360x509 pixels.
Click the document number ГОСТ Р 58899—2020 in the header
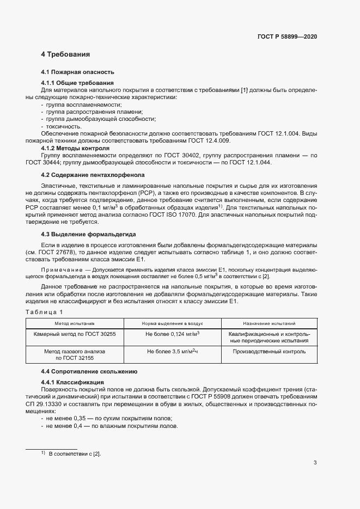(x=287, y=36)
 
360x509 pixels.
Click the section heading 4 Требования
(x=65, y=54)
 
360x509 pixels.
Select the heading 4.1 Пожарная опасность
(x=77, y=72)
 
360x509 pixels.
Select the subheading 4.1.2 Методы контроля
(x=75, y=148)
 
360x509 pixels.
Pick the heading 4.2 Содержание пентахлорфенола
(x=93, y=175)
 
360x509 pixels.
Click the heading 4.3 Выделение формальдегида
(x=88, y=234)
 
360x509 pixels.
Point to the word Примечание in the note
(x=60, y=269)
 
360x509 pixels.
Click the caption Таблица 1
(x=45, y=311)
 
